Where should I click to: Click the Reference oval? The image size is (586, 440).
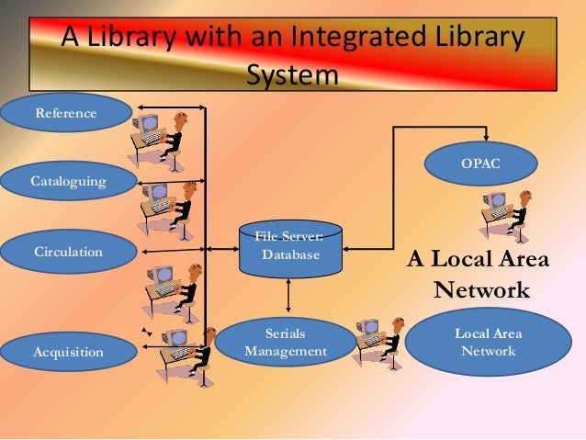coord(65,113)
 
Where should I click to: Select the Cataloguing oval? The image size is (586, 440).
coord(68,181)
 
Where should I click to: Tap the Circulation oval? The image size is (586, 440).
coord(68,251)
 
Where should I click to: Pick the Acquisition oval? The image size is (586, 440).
coord(68,351)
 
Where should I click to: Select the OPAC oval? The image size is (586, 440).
coord(479,164)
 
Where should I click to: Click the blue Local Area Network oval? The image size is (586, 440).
coord(489,342)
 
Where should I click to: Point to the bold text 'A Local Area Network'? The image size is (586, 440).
coord(479,275)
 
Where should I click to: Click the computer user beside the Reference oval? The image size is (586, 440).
coord(161,138)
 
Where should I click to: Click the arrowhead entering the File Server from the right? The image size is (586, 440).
coord(348,247)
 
